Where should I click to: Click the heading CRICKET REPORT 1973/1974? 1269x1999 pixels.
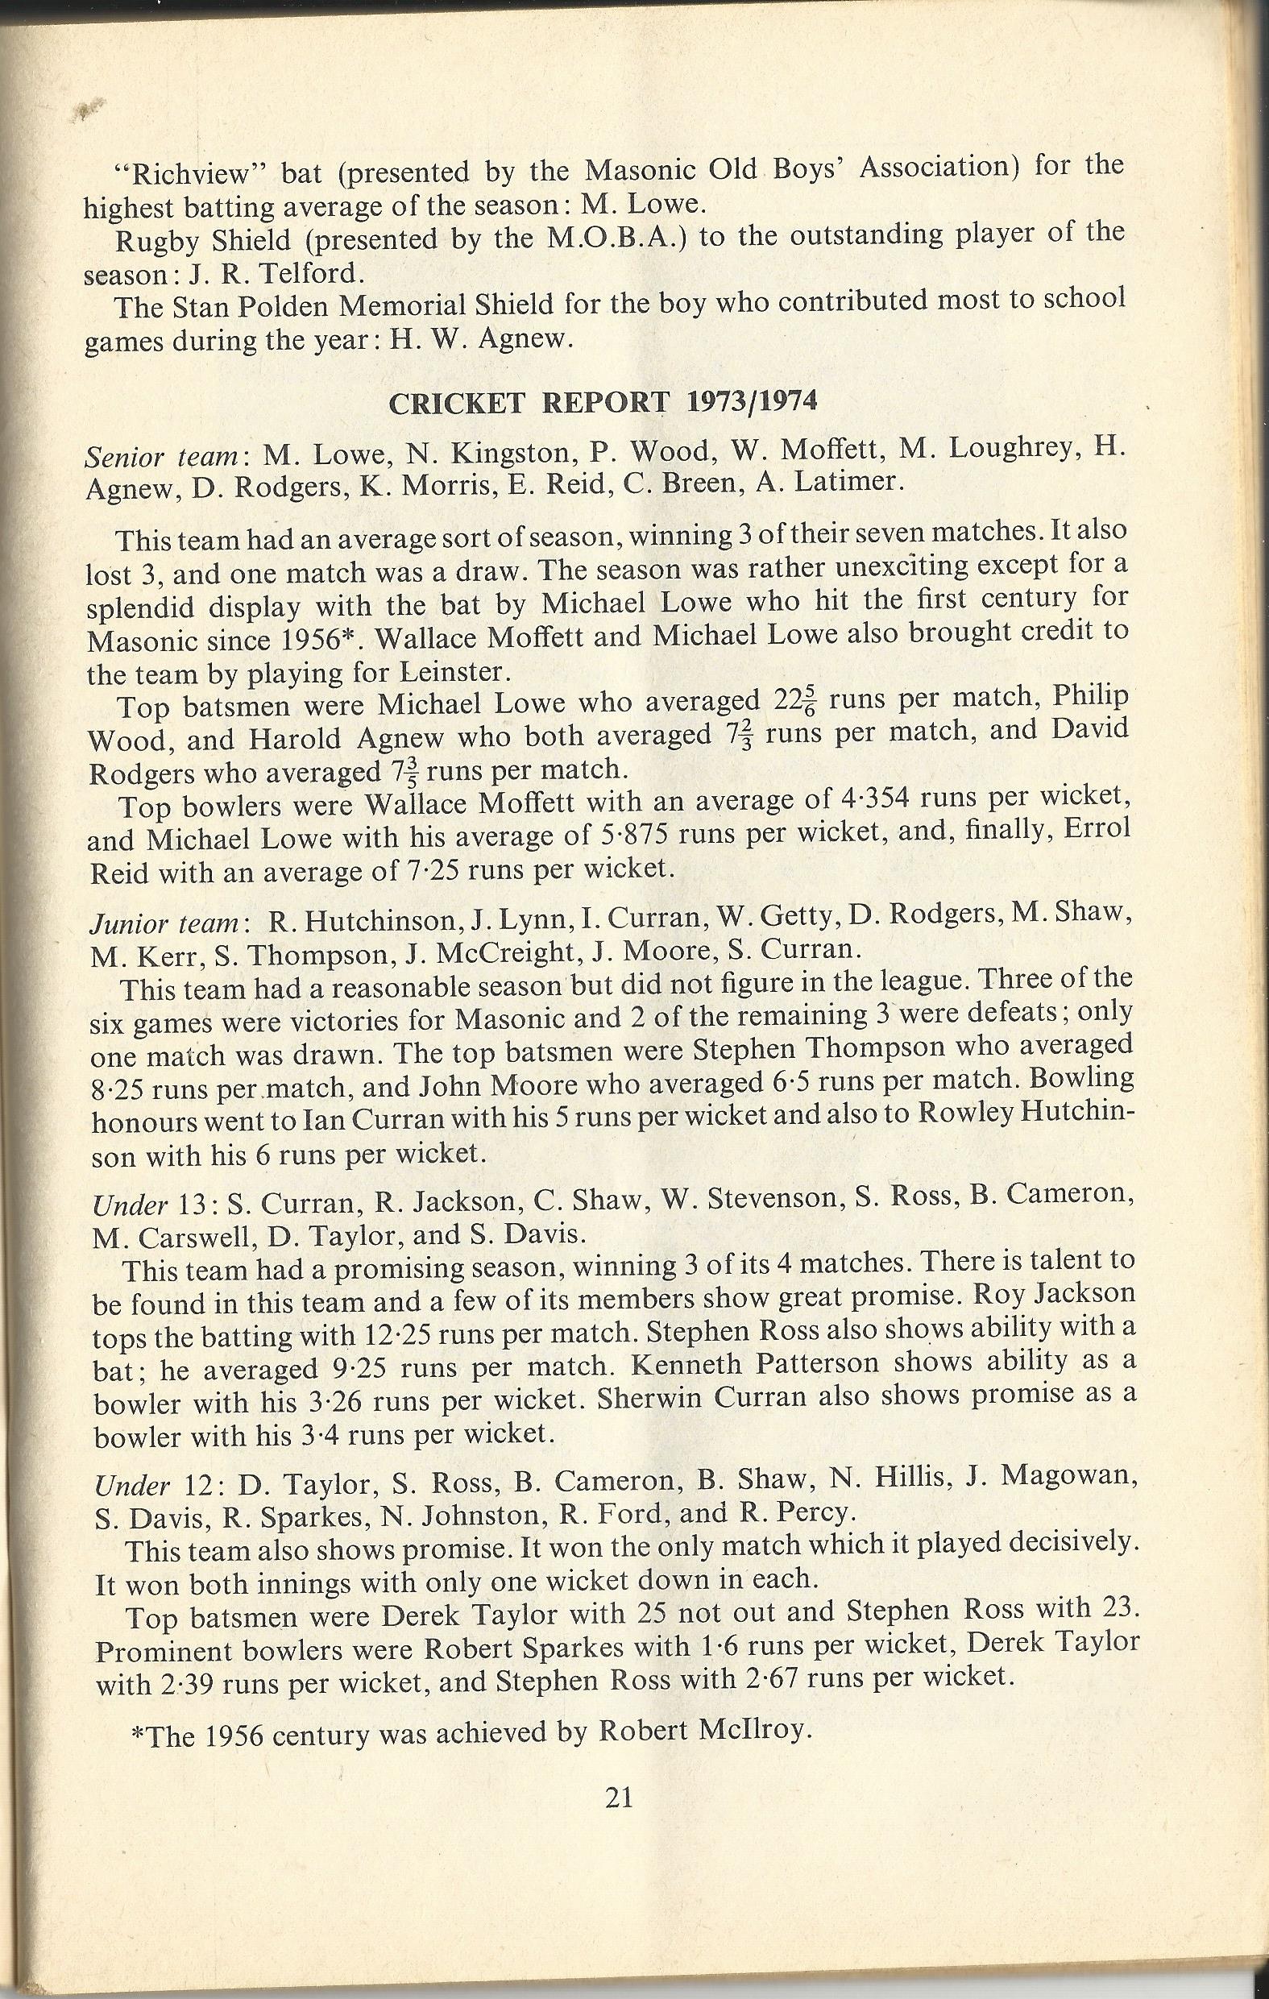coord(603,403)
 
